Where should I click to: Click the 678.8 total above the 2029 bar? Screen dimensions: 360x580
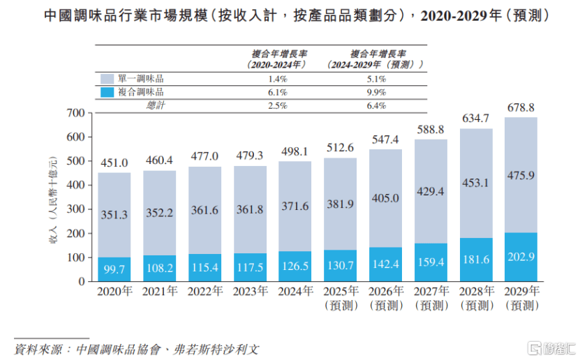521,108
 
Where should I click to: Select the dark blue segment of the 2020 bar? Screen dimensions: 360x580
114,269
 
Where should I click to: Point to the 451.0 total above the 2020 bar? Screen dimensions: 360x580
114,163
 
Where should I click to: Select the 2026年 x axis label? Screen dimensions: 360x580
385,292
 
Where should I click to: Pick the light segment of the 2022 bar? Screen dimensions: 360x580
205,209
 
